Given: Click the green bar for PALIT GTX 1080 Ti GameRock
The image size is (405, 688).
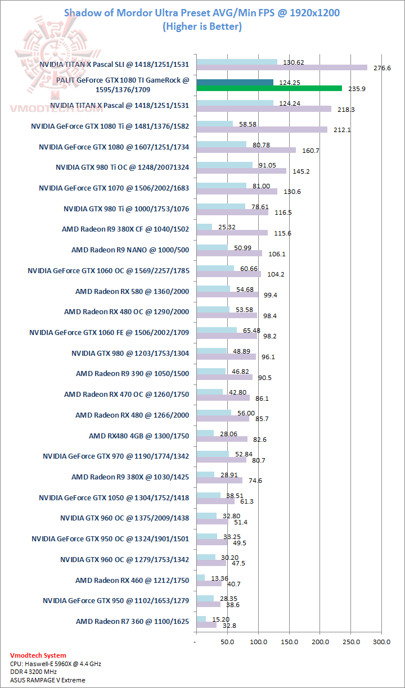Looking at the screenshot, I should [269, 88].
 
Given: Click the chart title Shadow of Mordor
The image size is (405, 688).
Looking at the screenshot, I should [202, 12].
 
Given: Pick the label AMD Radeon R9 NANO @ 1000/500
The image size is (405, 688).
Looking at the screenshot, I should [130, 250].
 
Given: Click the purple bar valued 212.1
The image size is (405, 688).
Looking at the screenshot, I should [262, 130].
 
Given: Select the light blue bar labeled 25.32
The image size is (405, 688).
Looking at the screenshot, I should [204, 227].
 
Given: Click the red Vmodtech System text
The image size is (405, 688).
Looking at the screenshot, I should [38, 655].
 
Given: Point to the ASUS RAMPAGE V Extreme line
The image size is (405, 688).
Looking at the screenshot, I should [48, 680].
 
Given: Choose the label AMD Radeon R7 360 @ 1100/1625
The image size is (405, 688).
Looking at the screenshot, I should [132, 621].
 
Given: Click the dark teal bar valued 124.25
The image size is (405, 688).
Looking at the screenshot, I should [235, 83].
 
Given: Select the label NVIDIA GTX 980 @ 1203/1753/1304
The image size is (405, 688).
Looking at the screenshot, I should [130, 353].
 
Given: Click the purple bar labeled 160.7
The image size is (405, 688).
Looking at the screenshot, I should [246, 150].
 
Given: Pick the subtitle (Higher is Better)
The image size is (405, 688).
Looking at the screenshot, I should [202, 26].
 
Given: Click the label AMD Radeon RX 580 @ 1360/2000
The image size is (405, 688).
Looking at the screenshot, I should [132, 291].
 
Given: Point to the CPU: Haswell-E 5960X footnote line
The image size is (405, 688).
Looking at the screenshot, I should [56, 664].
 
